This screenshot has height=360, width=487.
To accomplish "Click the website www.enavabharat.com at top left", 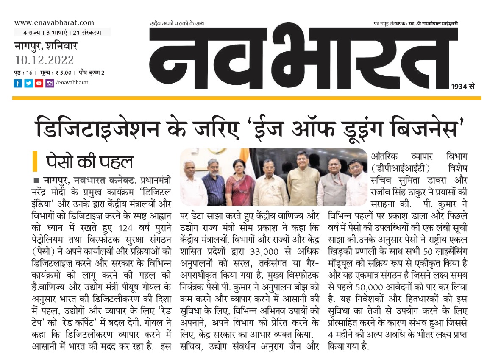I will point(54,22).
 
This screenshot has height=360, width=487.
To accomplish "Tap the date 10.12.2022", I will point(44,60).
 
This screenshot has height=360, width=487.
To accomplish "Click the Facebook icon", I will point(18,84).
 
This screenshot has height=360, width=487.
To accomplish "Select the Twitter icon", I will point(28,84).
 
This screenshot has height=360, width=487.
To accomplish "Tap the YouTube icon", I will point(39,84).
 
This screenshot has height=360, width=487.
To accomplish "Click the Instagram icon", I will point(50,84).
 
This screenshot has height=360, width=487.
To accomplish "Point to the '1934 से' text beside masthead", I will point(463,87).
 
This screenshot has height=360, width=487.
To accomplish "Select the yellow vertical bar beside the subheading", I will point(35,162).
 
